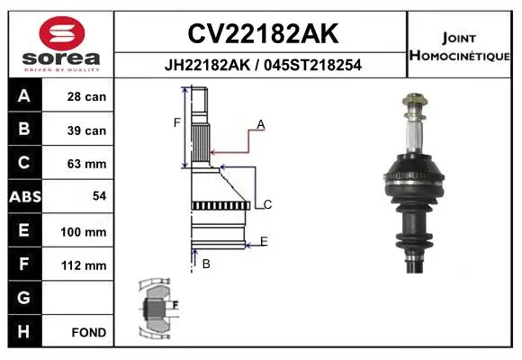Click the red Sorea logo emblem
pos(62,33)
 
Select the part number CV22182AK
pos(263,33)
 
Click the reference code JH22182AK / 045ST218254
pos(263,65)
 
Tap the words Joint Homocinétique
pos(459,47)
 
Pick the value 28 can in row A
pos(86,97)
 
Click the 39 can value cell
pos(86,130)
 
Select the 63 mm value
pos(86,164)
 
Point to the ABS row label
pos(25,196)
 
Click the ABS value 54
pos(100,196)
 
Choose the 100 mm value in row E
pos(83,232)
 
